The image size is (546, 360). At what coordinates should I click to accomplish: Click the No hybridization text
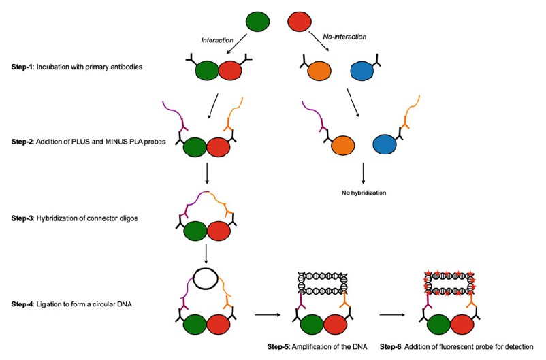point(364,193)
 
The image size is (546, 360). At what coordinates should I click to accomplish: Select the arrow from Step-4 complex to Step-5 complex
point(268,314)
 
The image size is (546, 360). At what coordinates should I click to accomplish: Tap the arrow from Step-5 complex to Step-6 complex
point(394,314)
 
